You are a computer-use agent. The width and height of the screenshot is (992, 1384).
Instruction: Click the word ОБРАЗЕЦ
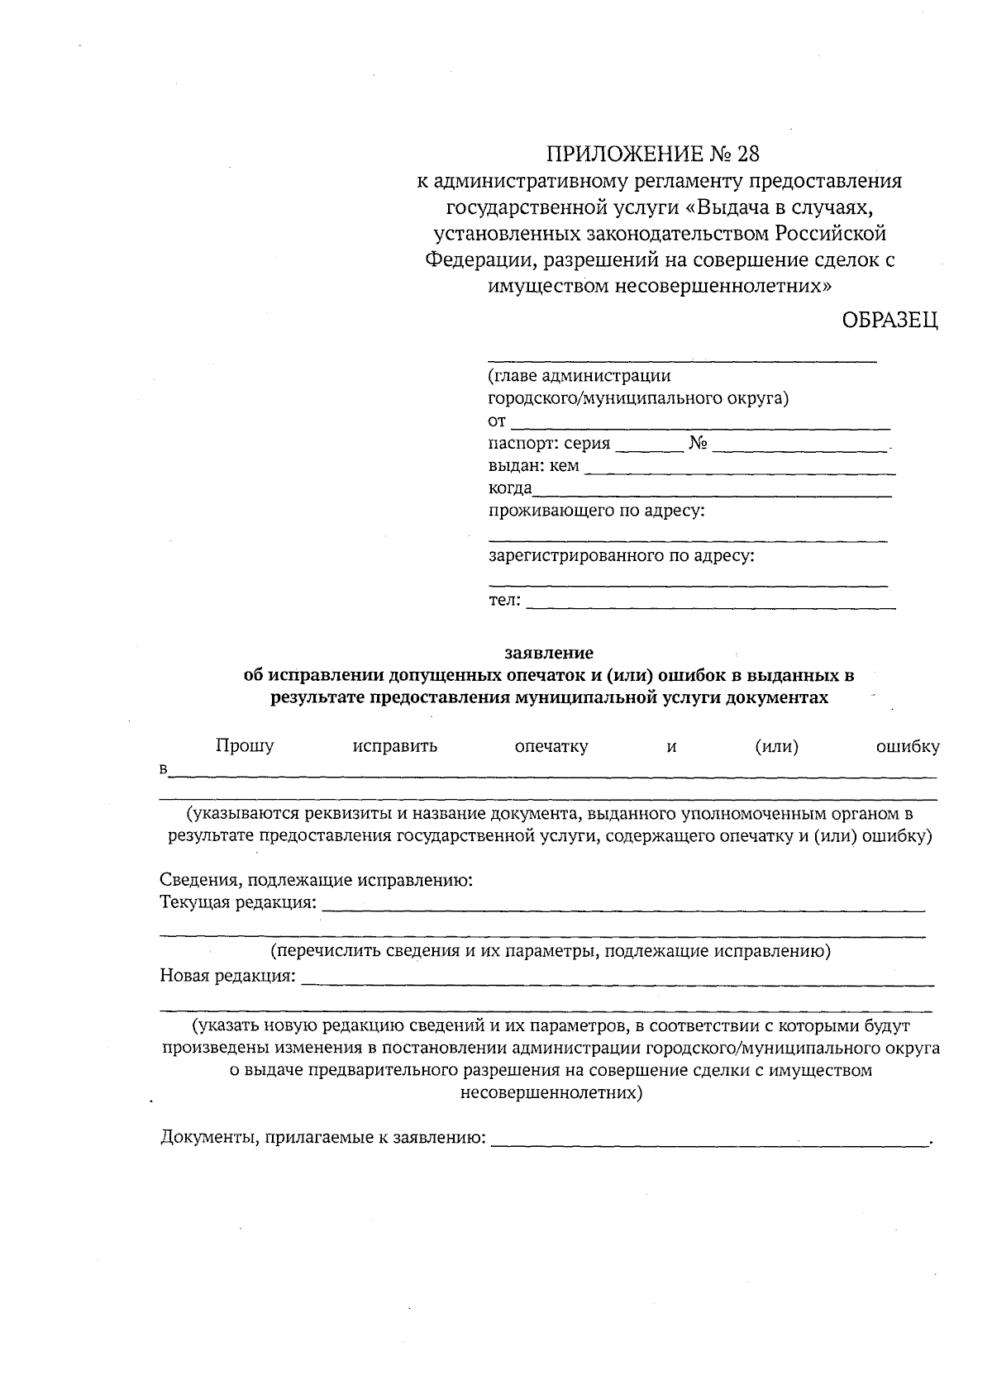click(889, 321)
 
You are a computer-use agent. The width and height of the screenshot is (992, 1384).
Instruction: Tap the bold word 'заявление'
click(549, 652)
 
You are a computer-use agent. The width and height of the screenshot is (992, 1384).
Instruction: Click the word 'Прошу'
click(245, 746)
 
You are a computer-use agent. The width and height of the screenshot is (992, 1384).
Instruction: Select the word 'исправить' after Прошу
click(394, 747)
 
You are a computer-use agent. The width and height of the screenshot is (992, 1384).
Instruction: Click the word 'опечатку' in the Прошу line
click(551, 747)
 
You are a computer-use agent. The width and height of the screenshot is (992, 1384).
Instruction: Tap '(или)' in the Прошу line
click(776, 747)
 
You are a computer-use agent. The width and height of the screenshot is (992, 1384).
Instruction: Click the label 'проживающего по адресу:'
click(597, 511)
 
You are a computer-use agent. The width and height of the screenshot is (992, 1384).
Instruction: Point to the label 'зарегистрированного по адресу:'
click(622, 555)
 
